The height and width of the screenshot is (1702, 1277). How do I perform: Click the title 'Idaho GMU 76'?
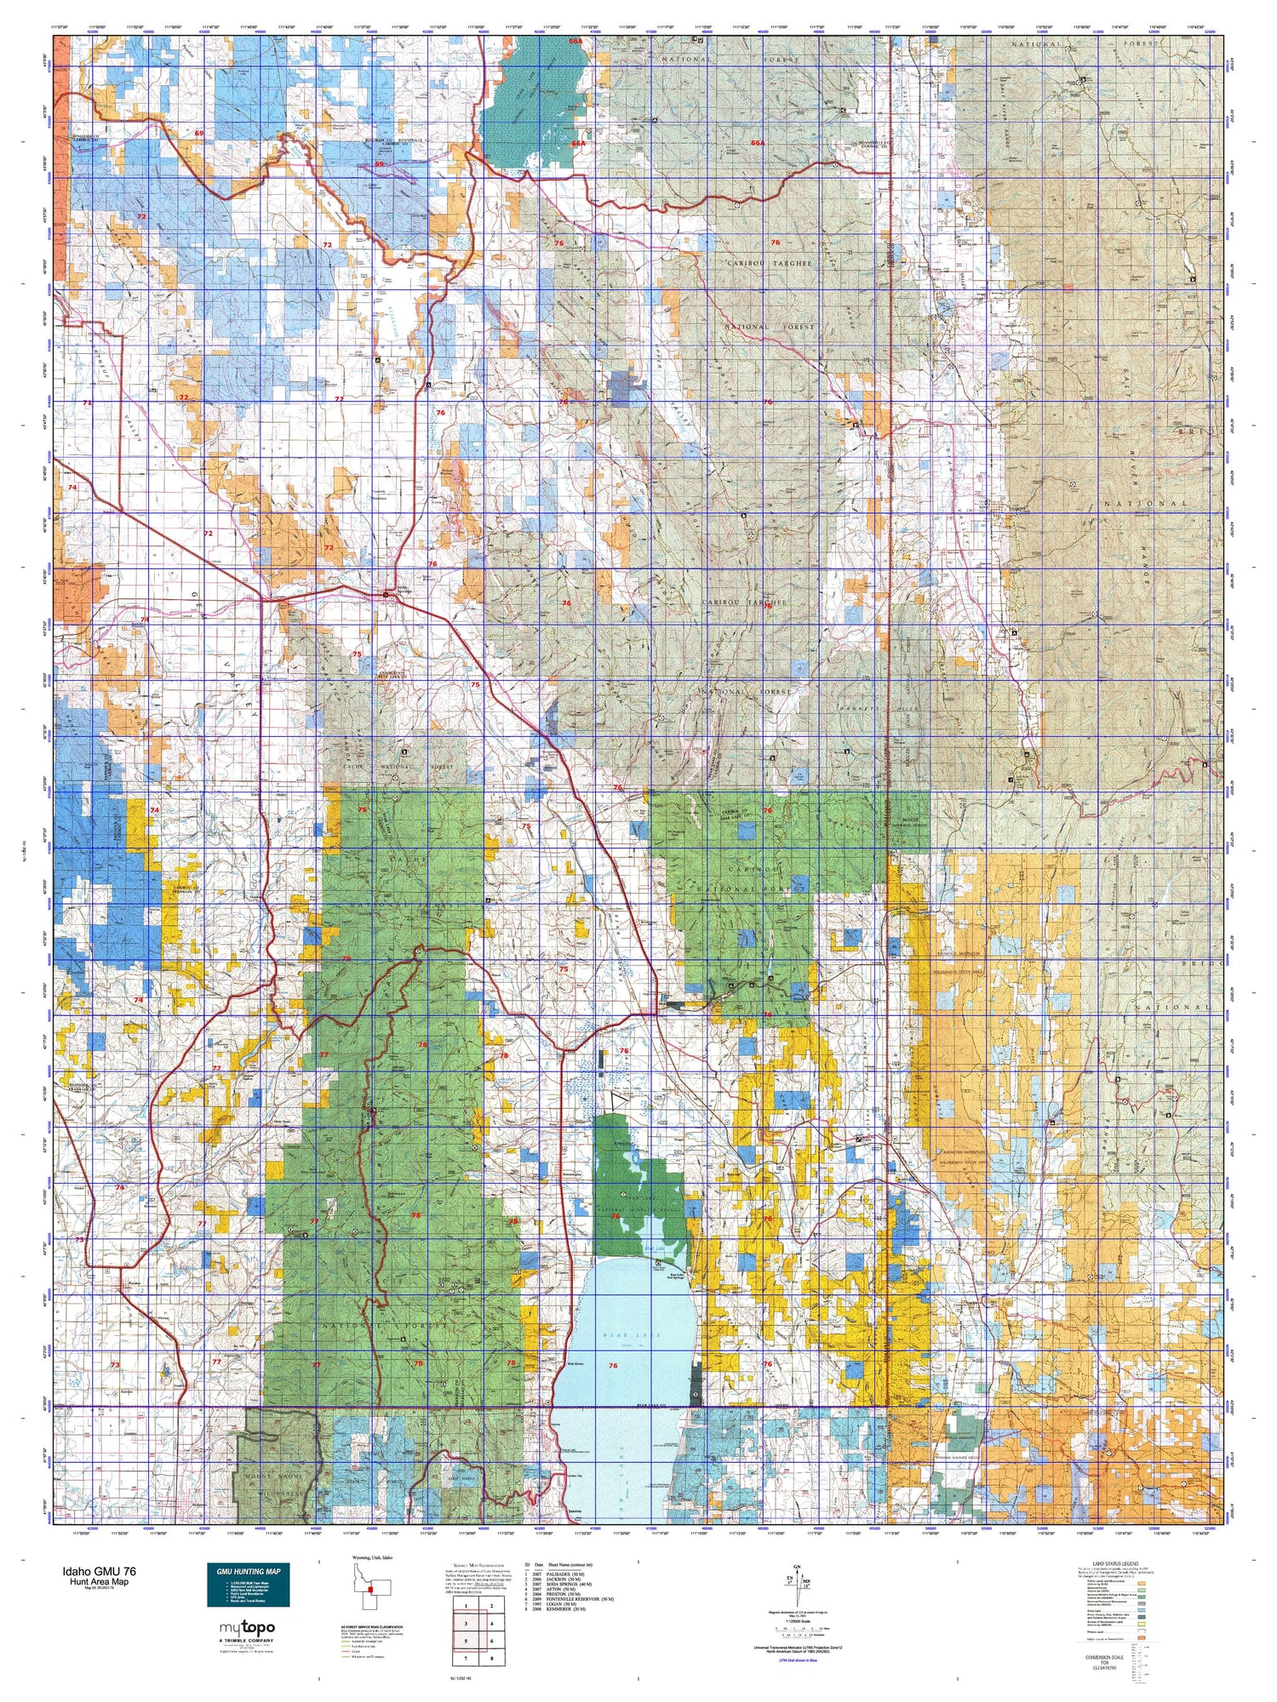coord(97,1571)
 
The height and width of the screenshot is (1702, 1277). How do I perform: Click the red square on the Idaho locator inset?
coord(371,1589)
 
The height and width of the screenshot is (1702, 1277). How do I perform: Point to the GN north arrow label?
coord(796,1568)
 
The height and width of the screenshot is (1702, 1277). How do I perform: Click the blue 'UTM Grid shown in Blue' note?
coord(797,1659)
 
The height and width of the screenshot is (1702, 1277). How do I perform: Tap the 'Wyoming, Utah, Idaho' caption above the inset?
coord(372,1557)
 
